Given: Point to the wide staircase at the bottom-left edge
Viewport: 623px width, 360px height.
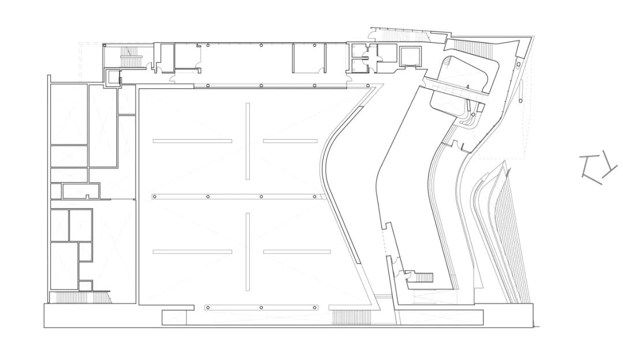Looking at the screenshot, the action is pos(78,298).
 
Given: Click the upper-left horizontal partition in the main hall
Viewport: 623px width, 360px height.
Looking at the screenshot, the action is pos(192,141).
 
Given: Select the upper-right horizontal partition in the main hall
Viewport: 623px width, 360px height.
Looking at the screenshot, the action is pos(290,141).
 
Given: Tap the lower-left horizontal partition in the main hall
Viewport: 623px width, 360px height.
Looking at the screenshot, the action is pos(192,252).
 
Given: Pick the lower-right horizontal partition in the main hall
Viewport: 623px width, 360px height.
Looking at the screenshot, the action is pos(297,252).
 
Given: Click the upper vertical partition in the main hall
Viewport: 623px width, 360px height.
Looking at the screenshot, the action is pos(247,141).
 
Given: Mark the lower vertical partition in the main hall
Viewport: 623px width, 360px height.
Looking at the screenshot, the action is pos(247,252).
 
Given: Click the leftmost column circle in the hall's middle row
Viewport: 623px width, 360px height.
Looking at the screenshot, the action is pos(155,197).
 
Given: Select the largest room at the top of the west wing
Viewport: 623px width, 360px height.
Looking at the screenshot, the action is pos(68,114).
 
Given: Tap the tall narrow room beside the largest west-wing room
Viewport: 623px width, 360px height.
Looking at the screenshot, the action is pos(103,126).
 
